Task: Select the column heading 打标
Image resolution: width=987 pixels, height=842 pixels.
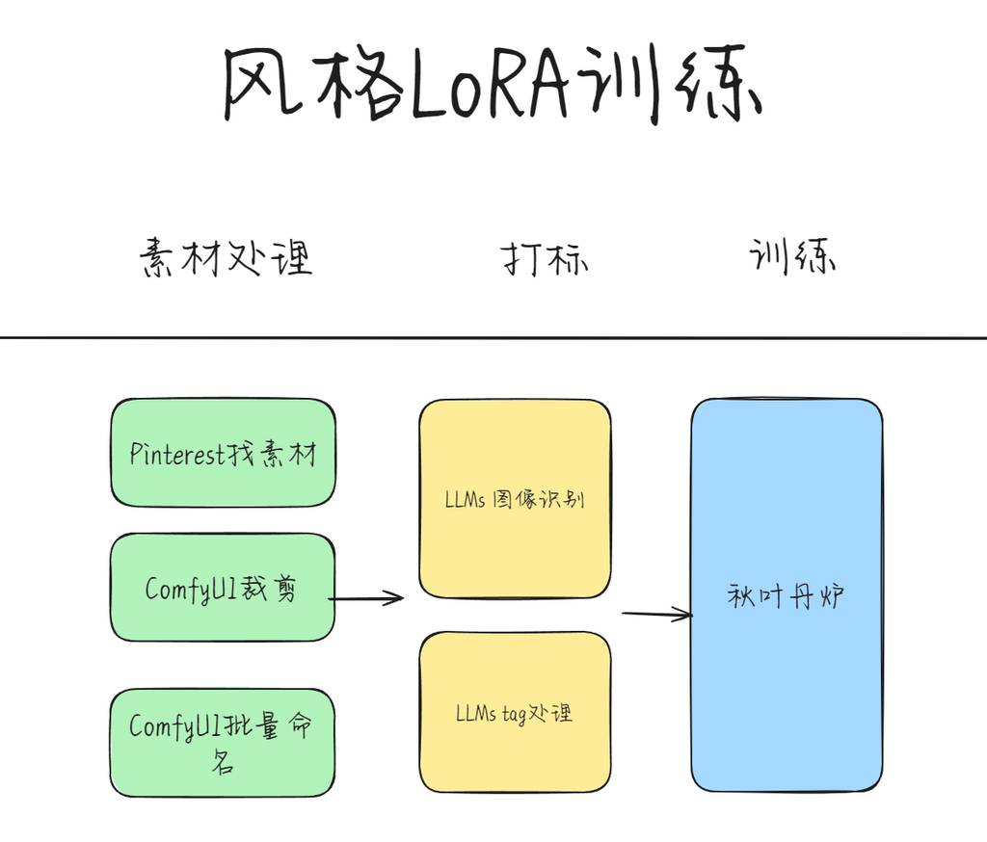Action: coord(545,258)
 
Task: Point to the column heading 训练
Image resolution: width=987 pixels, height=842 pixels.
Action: coord(792,256)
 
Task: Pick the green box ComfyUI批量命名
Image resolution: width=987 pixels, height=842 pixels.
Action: coord(223,743)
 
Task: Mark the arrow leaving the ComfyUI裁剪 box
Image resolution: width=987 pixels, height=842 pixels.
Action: coord(366,598)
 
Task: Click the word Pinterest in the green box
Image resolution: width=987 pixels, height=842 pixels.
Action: coord(177,453)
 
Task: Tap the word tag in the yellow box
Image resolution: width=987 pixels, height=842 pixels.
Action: coord(515,715)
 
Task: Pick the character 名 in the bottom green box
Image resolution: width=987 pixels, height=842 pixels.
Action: coord(223,763)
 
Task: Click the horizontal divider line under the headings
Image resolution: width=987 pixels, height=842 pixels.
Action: coord(493,338)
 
